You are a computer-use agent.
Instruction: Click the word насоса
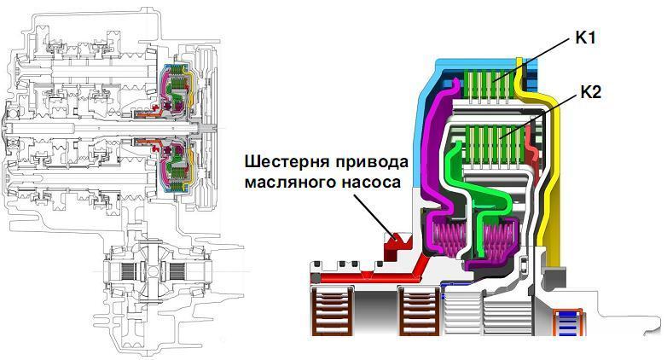point(368,182)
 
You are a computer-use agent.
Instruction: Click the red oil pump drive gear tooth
point(395,244)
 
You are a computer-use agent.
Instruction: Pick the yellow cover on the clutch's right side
point(561,171)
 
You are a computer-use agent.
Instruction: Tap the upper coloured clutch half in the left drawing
point(178,90)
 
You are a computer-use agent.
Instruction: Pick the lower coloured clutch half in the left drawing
point(178,162)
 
